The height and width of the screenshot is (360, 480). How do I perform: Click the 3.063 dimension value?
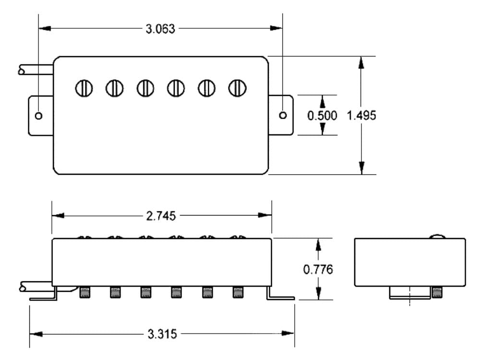161,28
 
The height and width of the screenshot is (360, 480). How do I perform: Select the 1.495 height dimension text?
361,116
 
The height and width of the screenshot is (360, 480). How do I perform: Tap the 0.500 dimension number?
323,116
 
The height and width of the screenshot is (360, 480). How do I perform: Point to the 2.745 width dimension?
161,216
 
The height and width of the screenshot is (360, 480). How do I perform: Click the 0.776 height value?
318,269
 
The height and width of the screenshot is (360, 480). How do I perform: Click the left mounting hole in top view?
39,116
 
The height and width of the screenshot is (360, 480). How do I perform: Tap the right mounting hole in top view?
283,115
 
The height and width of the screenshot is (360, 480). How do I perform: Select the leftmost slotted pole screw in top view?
84,88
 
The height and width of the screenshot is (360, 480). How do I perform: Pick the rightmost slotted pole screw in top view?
237,88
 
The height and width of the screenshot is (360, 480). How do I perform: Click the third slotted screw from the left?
145,88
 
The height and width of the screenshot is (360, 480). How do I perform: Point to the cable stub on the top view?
36,70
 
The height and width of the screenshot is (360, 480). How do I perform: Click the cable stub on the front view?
36,287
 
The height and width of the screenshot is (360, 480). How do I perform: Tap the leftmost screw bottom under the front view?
85,292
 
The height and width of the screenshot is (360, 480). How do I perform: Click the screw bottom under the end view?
436,292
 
